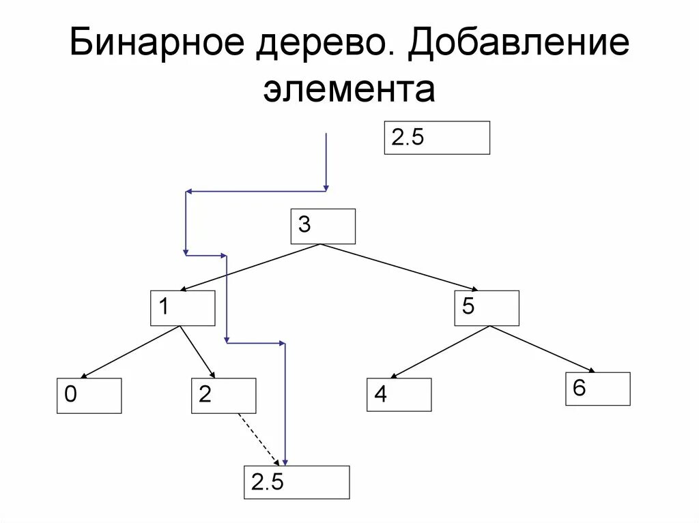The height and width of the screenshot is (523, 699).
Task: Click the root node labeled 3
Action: (x=323, y=226)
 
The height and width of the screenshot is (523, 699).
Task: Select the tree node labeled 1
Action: (x=183, y=308)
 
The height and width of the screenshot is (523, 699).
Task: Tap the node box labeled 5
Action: (x=487, y=308)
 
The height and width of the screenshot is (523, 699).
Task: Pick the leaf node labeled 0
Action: (x=89, y=395)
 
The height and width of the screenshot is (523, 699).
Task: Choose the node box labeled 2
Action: (x=224, y=395)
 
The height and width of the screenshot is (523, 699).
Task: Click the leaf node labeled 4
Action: (x=399, y=394)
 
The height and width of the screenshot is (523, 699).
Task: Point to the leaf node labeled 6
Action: (x=598, y=389)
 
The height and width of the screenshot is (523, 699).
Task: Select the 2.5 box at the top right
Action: (x=437, y=138)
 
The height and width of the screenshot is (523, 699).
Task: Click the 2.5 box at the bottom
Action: (x=297, y=482)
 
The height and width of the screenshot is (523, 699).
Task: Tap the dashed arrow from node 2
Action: (x=258, y=438)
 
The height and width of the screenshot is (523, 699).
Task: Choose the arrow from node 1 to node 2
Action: (x=197, y=352)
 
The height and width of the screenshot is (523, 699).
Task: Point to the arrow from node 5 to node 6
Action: (x=542, y=349)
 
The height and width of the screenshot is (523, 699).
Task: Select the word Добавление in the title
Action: (x=519, y=46)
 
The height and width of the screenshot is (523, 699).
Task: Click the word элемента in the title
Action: (x=349, y=90)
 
